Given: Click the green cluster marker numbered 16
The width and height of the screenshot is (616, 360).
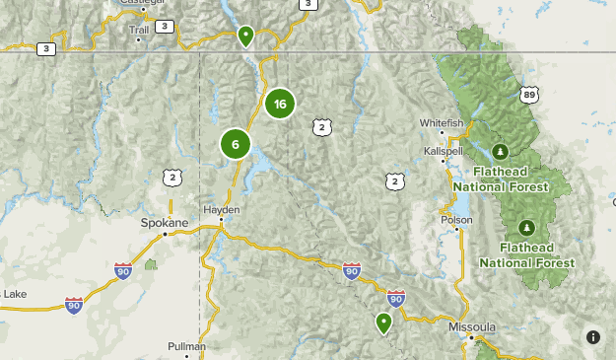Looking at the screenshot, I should point(280,104).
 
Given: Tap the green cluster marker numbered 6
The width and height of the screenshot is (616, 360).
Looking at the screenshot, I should point(236,144).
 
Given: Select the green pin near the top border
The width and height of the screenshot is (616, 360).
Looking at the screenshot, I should point(245,36).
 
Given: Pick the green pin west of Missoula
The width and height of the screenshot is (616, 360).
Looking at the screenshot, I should point(383,322).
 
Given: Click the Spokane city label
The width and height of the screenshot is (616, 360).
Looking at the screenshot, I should point(164,223).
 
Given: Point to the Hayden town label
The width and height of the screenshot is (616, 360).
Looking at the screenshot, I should point(221,210).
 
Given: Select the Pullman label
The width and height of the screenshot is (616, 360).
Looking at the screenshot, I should point(186,346).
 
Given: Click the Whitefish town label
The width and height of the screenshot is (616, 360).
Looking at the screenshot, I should point(441,122).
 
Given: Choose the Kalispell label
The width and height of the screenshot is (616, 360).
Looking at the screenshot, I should point(443,151).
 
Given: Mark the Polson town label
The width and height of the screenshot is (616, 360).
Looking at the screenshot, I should point(456,220).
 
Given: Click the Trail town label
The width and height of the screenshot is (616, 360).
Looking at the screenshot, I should point(139,29).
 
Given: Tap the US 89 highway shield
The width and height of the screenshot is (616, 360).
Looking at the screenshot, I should point(531,95).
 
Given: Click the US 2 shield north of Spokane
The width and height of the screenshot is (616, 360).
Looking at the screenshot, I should point(173,178).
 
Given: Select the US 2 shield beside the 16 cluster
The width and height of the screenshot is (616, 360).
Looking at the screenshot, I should point(321,126).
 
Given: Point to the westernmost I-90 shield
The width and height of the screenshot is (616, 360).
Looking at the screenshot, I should point(74,306).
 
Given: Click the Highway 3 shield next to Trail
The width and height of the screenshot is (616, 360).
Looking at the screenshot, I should point(164,26).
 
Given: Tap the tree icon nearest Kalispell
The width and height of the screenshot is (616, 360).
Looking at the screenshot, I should point(500,151).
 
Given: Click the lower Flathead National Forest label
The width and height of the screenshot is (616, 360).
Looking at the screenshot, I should point(527,254).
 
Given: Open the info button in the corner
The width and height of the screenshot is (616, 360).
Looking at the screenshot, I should point(592,336).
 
